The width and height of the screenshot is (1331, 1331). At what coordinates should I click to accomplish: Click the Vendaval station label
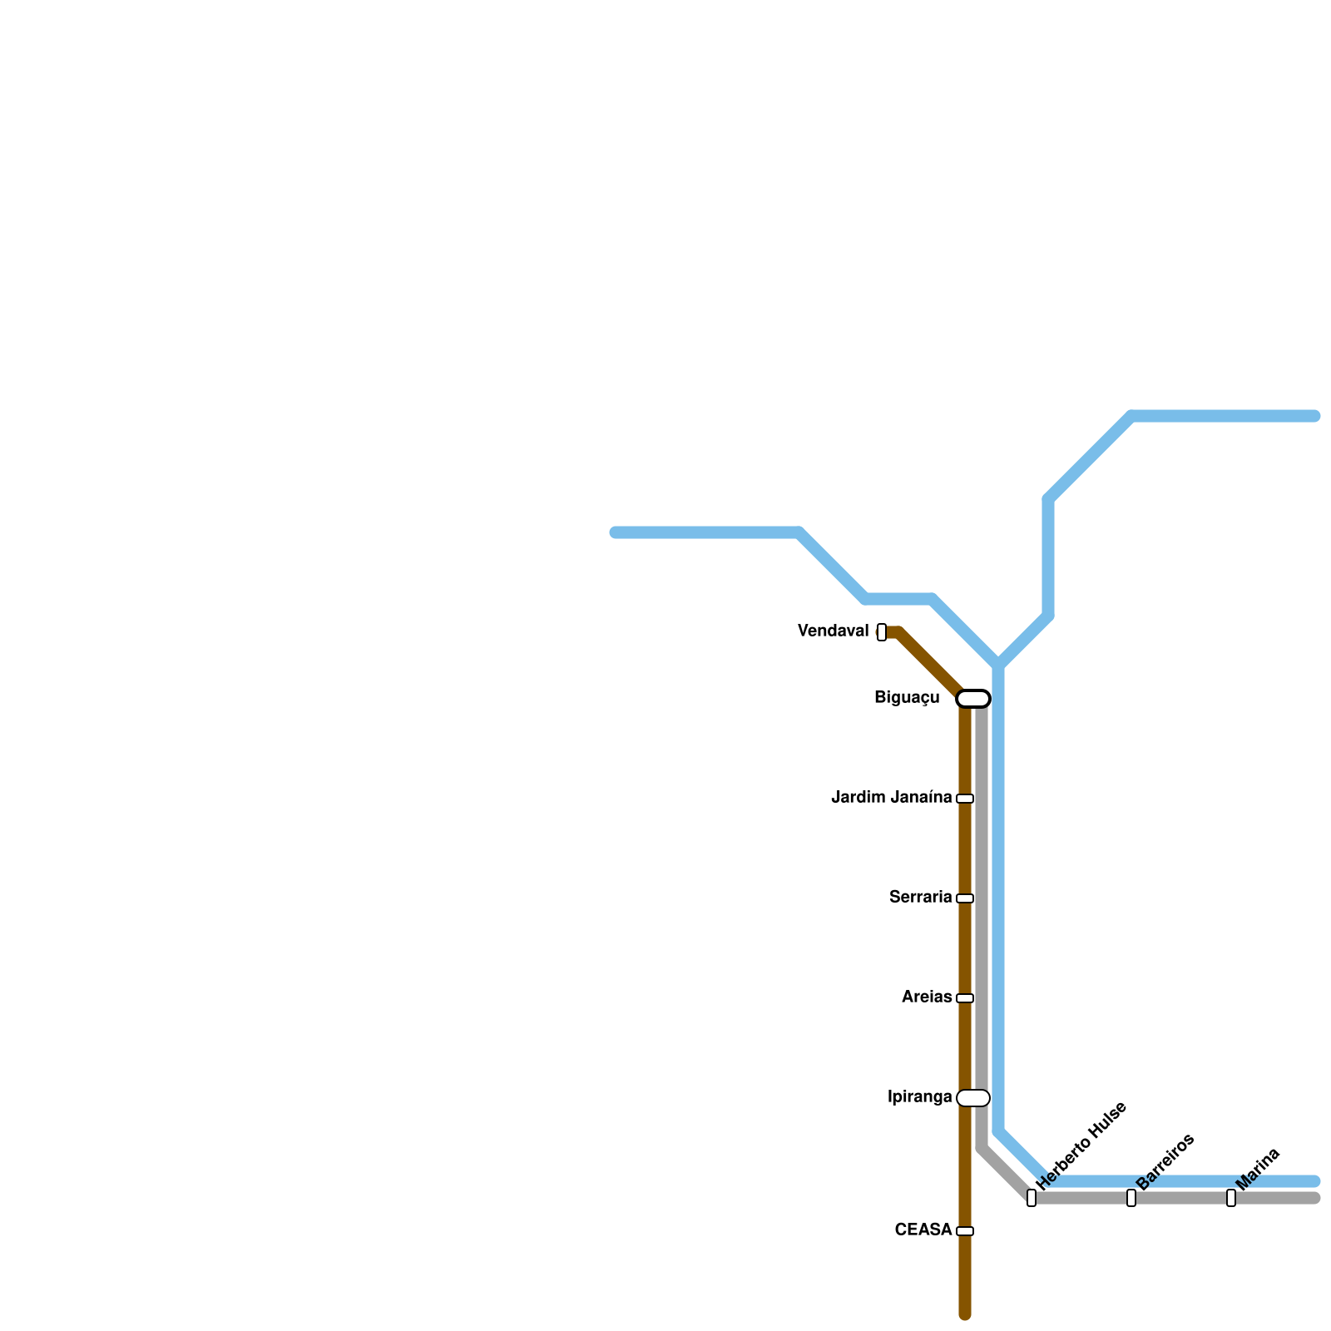tap(833, 631)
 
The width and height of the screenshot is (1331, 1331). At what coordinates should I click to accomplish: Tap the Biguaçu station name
tap(907, 698)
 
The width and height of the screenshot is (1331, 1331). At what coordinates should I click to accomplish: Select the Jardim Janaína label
tap(891, 798)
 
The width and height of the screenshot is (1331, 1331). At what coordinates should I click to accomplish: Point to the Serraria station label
tap(920, 898)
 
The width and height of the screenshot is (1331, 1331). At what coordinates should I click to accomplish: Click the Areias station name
tap(927, 997)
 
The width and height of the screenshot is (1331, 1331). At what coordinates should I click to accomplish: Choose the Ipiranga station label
tap(919, 1097)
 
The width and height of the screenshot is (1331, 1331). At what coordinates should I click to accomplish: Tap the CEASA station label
tap(923, 1230)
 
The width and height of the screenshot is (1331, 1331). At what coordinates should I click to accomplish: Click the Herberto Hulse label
tap(1081, 1145)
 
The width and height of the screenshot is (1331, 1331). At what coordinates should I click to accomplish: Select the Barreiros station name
tap(1165, 1161)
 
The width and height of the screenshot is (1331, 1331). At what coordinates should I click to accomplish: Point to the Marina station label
tap(1258, 1169)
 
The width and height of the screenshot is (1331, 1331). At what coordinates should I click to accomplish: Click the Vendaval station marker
tap(882, 632)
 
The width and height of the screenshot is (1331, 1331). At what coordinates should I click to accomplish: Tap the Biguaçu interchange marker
tap(973, 699)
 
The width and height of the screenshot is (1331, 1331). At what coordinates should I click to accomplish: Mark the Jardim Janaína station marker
tap(965, 799)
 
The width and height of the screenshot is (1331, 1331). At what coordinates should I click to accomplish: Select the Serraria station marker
tap(965, 898)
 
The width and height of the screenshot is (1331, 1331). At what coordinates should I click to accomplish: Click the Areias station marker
tap(965, 998)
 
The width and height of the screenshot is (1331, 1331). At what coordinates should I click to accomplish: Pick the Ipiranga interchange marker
tap(973, 1098)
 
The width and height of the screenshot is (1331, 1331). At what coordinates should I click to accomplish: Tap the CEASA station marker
tap(965, 1231)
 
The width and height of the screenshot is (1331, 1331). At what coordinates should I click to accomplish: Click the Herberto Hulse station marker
tap(1032, 1198)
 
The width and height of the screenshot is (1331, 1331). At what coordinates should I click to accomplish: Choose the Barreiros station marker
tap(1131, 1198)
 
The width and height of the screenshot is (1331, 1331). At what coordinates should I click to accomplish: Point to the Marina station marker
tap(1231, 1198)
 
